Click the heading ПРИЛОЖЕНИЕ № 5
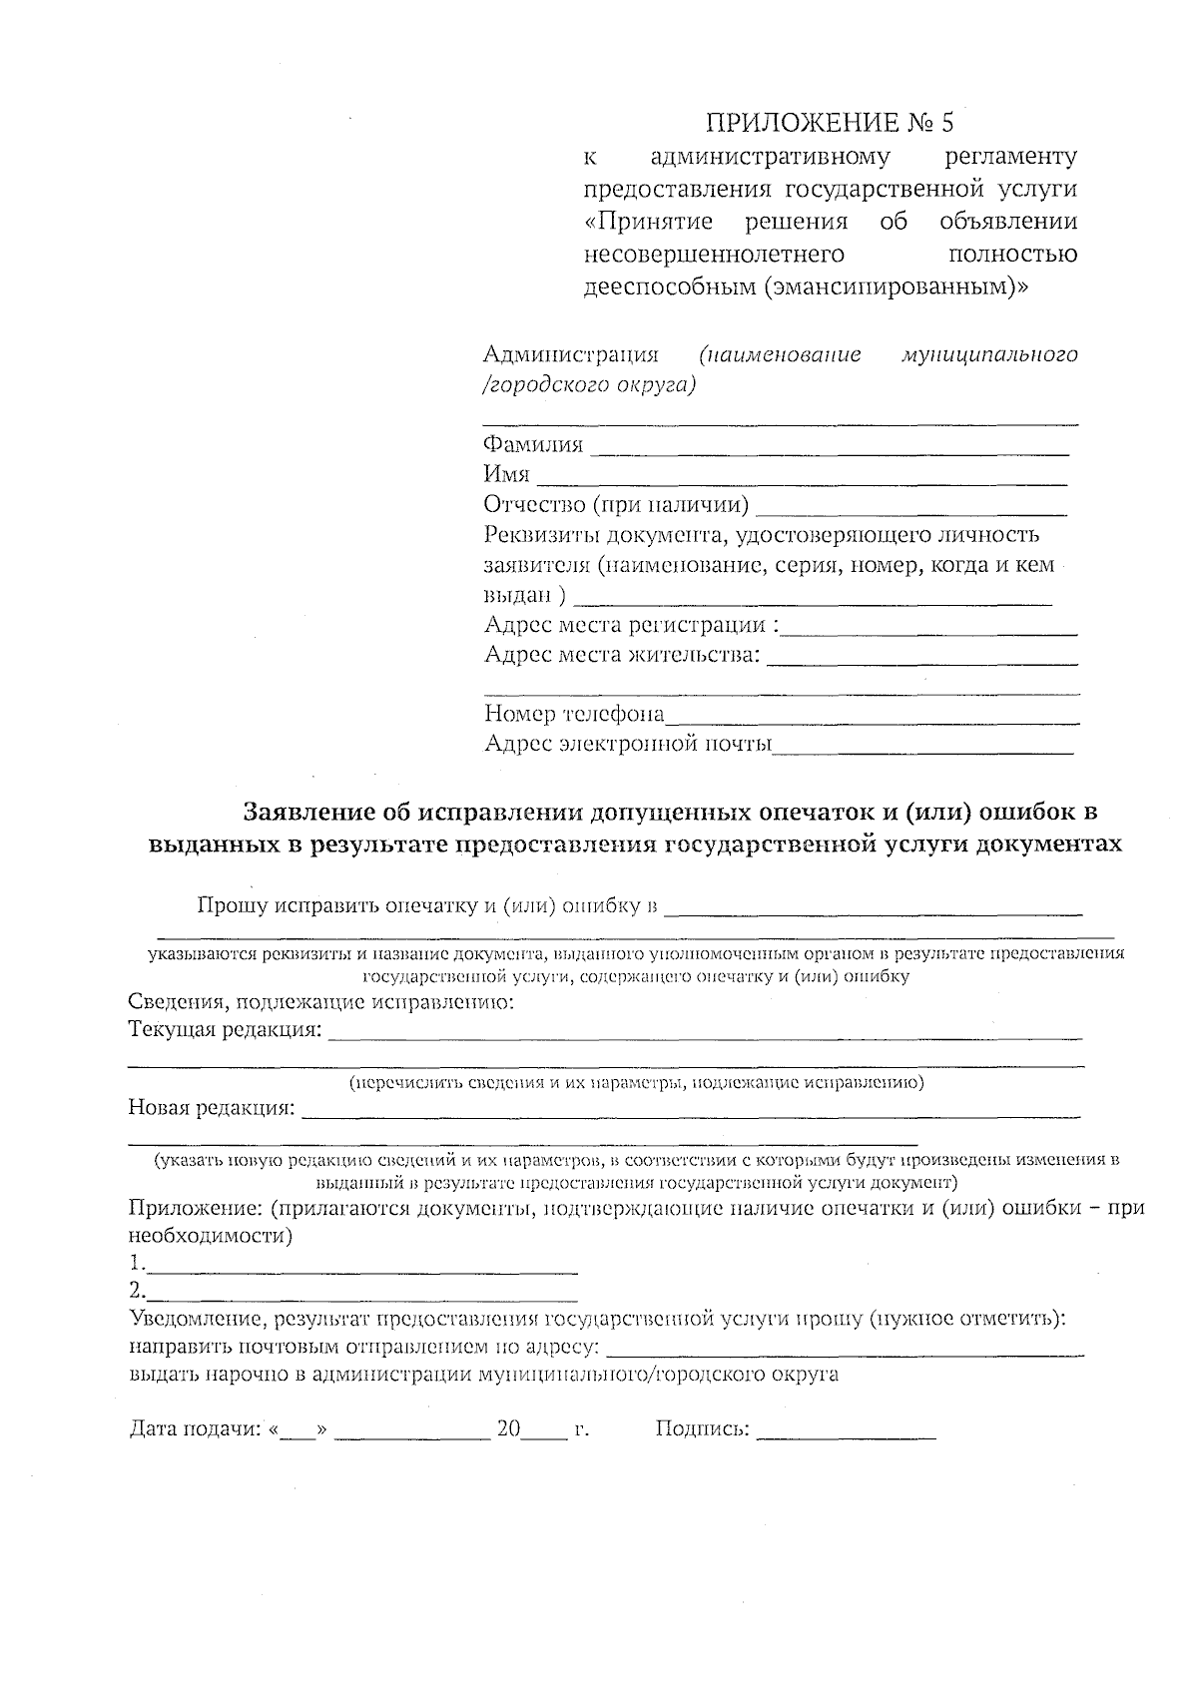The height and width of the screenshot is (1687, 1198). [x=829, y=123]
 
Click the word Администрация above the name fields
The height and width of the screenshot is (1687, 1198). [x=571, y=355]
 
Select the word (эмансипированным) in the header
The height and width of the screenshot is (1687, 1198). [x=895, y=287]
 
